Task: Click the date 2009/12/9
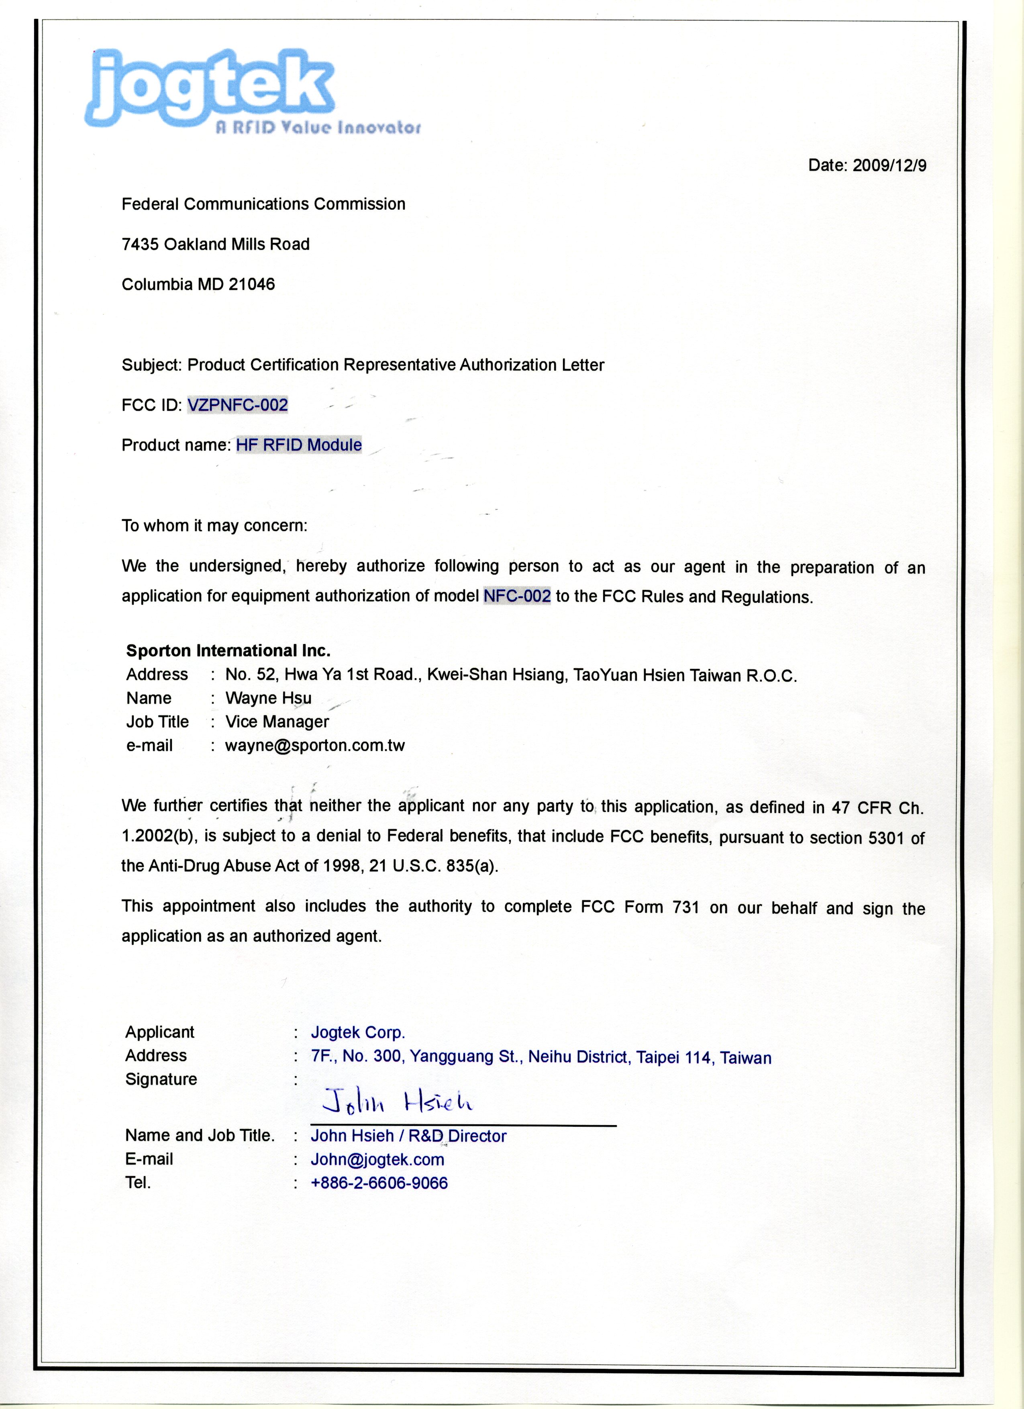click(889, 165)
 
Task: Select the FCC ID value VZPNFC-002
click(237, 405)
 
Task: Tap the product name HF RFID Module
click(298, 445)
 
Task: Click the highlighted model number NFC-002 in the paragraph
click(517, 596)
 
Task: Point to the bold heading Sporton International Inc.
click(228, 650)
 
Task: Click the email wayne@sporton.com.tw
click(315, 746)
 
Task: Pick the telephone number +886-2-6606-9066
click(379, 1183)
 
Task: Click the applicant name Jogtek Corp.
click(358, 1032)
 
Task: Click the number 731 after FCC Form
click(686, 907)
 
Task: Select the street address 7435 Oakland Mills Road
click(216, 244)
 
